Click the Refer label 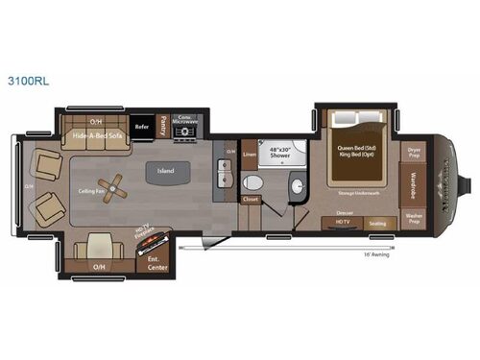click(x=141, y=126)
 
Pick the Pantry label click(x=163, y=123)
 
